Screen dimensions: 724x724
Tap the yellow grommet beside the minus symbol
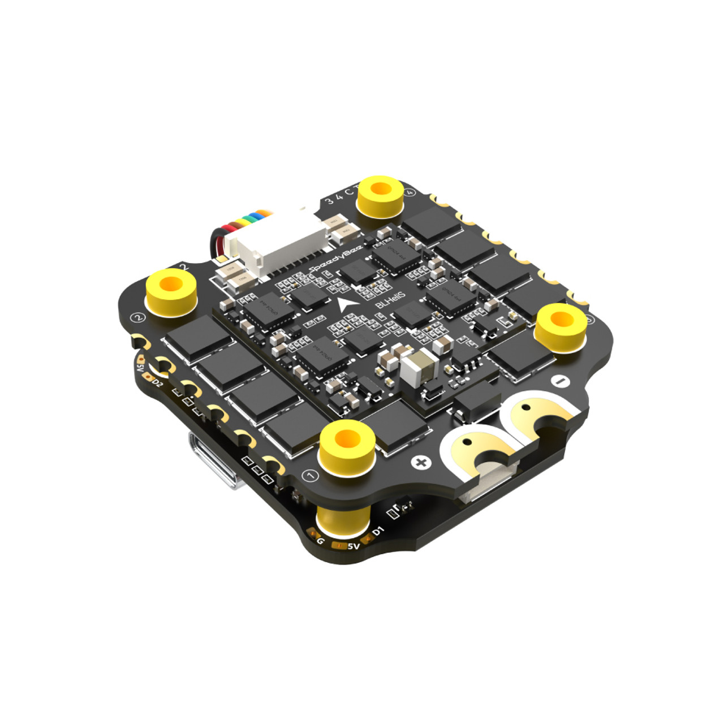tap(559, 325)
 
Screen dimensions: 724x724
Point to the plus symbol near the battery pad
tap(421, 463)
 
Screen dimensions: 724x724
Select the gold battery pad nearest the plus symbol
tap(478, 450)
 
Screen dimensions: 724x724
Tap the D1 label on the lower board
tap(377, 531)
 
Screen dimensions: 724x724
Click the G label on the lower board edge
tap(321, 541)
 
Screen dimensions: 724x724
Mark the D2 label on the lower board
tap(157, 383)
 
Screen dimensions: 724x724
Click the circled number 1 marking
tap(310, 476)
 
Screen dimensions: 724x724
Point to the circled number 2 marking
tap(137, 317)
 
